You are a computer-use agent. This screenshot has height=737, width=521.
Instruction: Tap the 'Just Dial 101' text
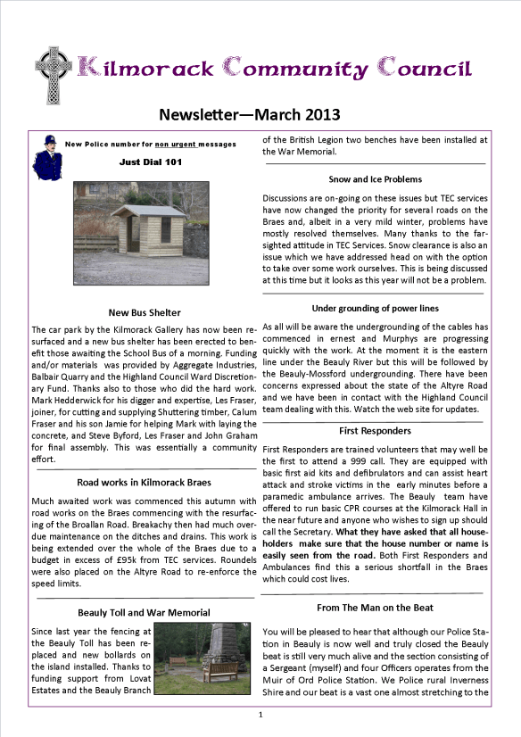click(x=150, y=162)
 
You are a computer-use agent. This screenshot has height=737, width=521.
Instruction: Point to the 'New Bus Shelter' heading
click(x=145, y=313)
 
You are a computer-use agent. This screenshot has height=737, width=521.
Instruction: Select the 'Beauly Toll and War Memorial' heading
click(x=145, y=612)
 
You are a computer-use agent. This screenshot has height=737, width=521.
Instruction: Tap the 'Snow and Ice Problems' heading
click(x=375, y=178)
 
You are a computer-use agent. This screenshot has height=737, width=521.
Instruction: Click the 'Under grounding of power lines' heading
click(x=375, y=309)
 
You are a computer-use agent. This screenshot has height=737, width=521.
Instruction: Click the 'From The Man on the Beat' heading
click(x=374, y=607)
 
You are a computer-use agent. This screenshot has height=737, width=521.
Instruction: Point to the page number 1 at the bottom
click(x=260, y=715)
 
